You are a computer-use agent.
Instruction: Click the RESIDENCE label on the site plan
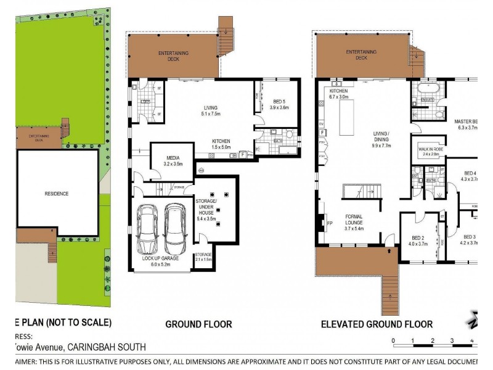pos(56,194)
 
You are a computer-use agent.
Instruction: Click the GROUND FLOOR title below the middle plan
pos(198,324)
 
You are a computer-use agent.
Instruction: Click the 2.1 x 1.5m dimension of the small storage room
pos(203,260)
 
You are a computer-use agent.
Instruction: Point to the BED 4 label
pos(470,173)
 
